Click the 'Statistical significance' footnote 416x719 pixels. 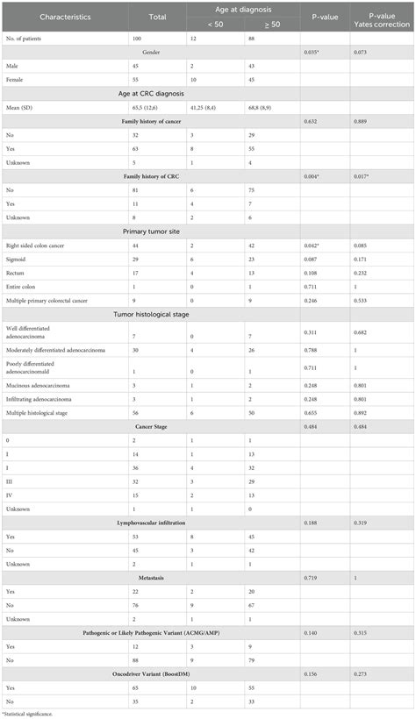coord(31,713)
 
